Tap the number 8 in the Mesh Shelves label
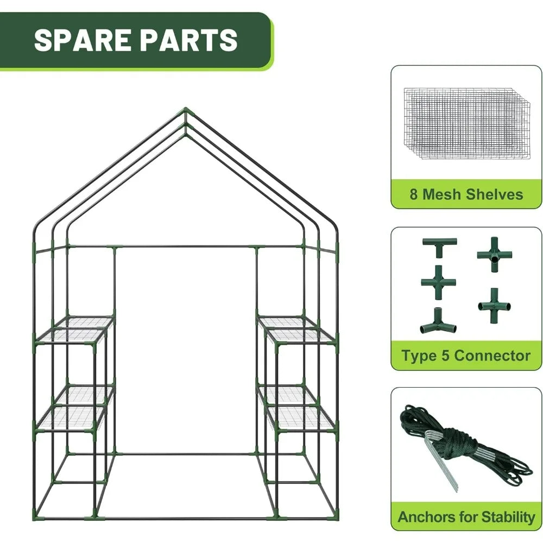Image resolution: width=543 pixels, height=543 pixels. pos(414,194)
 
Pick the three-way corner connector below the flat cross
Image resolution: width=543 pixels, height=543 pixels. pos(438,321)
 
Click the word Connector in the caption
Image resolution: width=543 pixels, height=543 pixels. pos(492,356)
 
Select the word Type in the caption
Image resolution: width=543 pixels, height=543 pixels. pos(419,356)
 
